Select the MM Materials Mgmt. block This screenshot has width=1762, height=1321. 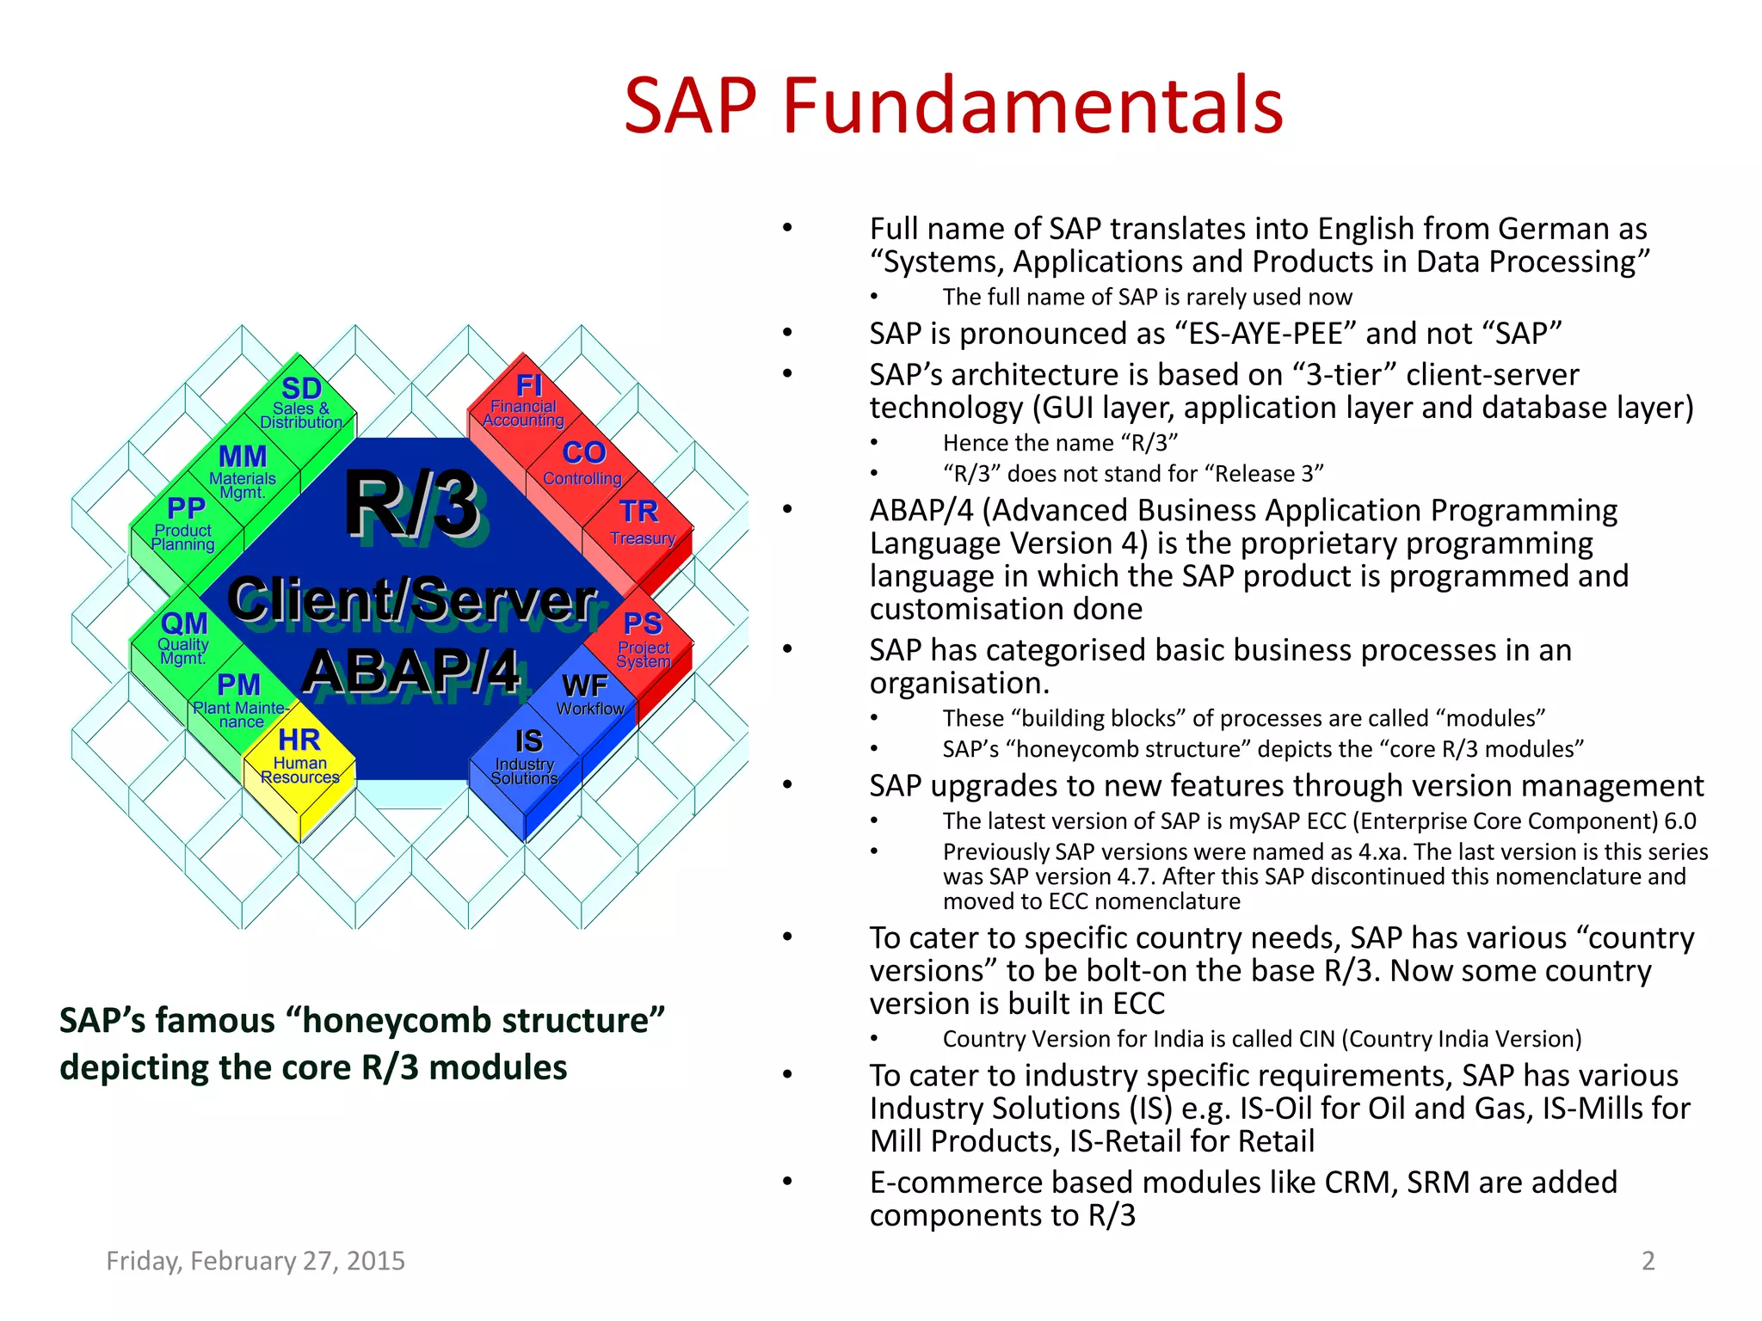243,471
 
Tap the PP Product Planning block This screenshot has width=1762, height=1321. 184,525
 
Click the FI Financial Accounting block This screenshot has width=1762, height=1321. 525,402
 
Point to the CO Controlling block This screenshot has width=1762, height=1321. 583,464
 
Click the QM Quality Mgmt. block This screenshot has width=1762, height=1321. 184,638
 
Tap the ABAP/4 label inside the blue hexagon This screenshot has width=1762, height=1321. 411,671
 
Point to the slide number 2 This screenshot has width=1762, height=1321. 1648,1261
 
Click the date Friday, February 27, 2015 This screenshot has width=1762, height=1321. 256,1261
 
